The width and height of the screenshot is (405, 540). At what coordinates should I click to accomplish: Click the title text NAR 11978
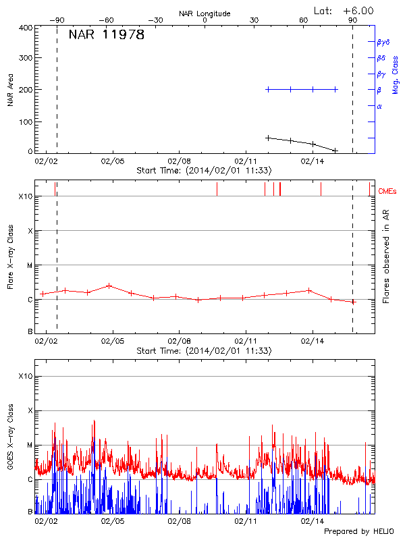[x=106, y=35]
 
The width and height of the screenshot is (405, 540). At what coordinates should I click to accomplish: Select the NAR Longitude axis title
[x=205, y=13]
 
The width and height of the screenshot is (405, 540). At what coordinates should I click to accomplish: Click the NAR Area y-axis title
[x=11, y=90]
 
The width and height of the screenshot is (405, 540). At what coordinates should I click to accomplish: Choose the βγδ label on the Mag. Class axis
[x=383, y=42]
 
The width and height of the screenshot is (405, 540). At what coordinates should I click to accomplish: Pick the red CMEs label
[x=388, y=192]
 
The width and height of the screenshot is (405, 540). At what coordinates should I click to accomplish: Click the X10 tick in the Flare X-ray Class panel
[x=25, y=196]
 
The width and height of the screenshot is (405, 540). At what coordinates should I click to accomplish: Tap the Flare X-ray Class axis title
[x=11, y=256]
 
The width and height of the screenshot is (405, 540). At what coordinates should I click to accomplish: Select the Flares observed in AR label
[x=386, y=256]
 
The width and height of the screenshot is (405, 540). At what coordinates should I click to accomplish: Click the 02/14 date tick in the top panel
[x=313, y=162]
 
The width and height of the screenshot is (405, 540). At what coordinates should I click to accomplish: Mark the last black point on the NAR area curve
[x=335, y=150]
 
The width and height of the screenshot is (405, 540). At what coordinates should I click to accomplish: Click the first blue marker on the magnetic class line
[x=268, y=89]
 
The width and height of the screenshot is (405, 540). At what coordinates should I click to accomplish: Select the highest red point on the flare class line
[x=109, y=286]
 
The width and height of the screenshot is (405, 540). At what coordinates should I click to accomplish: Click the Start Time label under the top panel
[x=204, y=171]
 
